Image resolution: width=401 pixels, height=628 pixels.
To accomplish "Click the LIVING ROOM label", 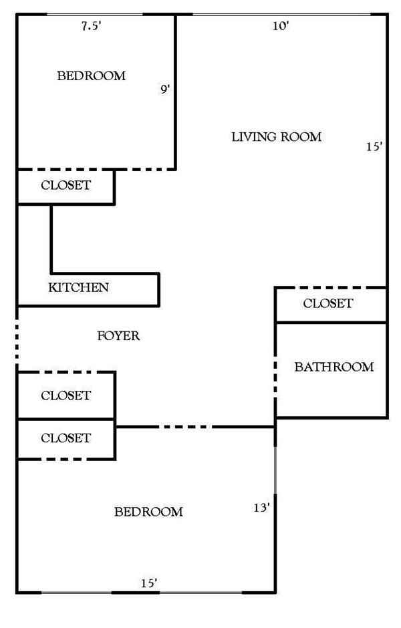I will (x=276, y=137).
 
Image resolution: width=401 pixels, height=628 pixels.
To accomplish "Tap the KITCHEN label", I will (x=78, y=288).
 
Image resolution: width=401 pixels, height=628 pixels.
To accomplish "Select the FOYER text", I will (x=118, y=335).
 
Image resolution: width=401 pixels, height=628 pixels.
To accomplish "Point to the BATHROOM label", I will (x=333, y=367).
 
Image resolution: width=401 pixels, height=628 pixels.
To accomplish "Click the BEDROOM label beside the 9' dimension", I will (x=91, y=76).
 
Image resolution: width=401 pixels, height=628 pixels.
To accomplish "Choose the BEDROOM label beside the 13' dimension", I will (x=148, y=512).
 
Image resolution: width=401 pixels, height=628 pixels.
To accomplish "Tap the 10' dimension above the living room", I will (x=280, y=26).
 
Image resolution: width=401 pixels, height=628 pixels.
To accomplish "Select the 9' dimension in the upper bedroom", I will (x=165, y=88).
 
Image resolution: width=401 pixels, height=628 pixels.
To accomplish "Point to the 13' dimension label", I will (x=261, y=508).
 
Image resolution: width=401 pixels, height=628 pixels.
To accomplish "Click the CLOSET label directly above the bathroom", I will (x=327, y=303).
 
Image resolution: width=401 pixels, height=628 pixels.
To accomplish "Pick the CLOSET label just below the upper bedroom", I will (x=65, y=186).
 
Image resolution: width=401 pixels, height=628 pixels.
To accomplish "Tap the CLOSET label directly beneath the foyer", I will (x=65, y=396).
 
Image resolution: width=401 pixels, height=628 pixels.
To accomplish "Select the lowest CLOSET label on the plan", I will (x=65, y=438).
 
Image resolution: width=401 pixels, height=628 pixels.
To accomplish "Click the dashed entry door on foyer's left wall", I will (x=17, y=339).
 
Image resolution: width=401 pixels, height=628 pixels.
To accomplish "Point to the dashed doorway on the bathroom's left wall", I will (x=275, y=381).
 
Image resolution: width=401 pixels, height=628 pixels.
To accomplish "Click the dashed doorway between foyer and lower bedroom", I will (x=186, y=426).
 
